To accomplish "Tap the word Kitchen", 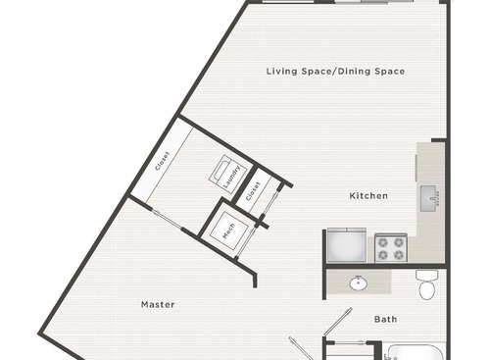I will click(368, 196).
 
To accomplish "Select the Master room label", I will click(157, 304).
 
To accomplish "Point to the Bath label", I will click(385, 319).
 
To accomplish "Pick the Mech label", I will click(227, 231).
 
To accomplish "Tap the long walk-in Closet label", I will click(162, 162).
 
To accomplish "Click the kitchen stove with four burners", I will click(389, 246).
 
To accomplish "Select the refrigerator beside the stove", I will click(346, 246).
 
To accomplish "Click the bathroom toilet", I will click(426, 285).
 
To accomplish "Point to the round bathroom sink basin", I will click(360, 283).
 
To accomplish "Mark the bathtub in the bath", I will click(415, 352).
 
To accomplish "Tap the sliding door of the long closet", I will click(164, 220).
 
